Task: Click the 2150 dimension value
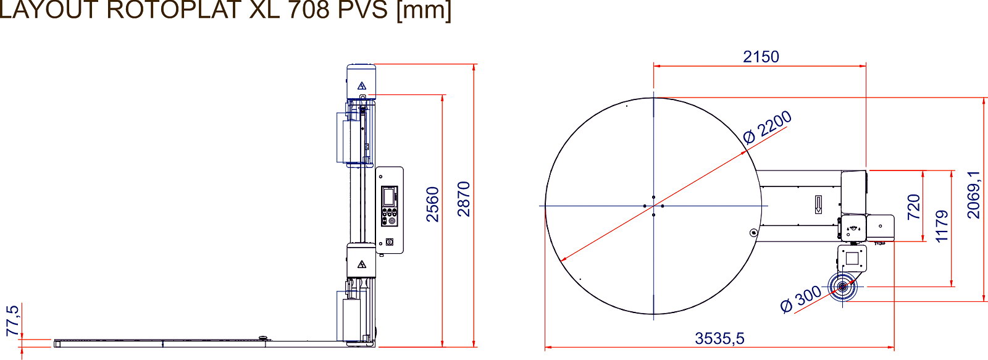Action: pyautogui.click(x=761, y=56)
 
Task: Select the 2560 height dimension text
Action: pyautogui.click(x=433, y=204)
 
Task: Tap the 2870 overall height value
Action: pyautogui.click(x=464, y=199)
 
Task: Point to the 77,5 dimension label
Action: pyautogui.click(x=13, y=320)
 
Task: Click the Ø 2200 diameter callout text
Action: pyautogui.click(x=767, y=127)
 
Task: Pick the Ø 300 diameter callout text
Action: pyautogui.click(x=800, y=299)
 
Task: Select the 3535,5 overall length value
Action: pyautogui.click(x=719, y=338)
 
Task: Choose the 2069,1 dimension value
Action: pyautogui.click(x=973, y=195)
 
